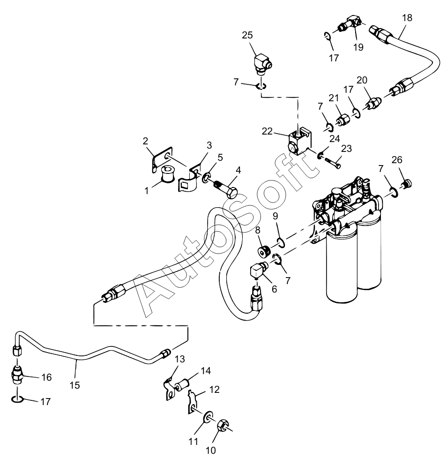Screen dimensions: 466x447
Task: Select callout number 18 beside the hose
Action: tap(407, 18)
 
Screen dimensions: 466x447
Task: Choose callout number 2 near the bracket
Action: tap(145, 141)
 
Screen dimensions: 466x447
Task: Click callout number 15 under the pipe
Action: tap(75, 385)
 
